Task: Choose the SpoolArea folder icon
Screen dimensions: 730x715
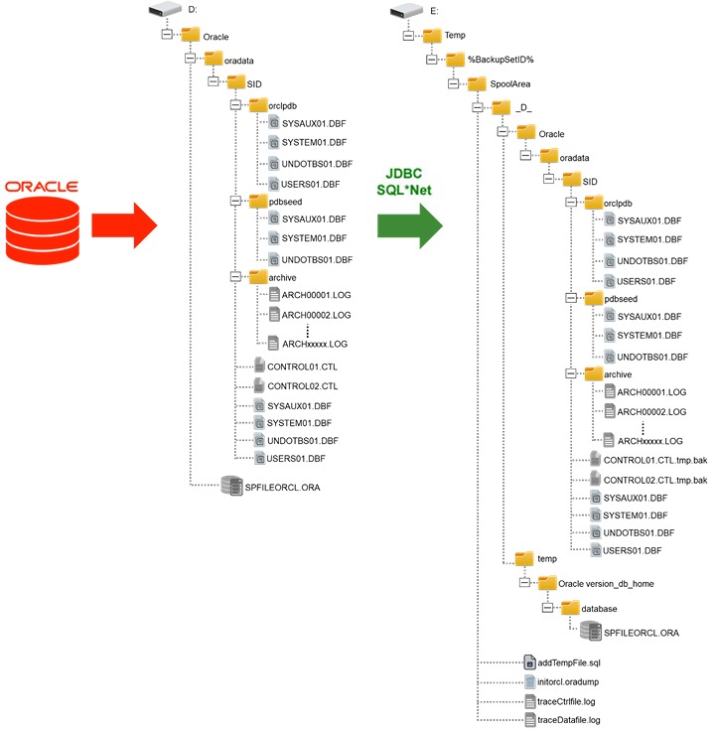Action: point(457,83)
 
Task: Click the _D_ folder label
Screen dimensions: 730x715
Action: point(525,107)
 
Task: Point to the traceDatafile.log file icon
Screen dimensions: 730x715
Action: point(530,718)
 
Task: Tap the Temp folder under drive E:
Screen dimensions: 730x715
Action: point(433,35)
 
